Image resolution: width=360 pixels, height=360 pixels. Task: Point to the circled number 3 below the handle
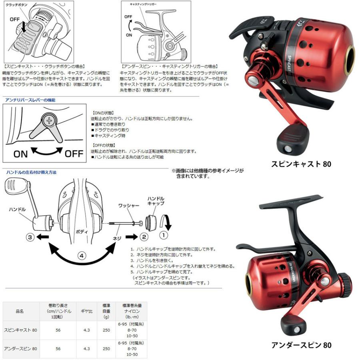[x=30, y=237]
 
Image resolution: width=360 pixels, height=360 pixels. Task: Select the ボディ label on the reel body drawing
[x=81, y=231]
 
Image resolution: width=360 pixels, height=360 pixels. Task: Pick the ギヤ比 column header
[x=87, y=310]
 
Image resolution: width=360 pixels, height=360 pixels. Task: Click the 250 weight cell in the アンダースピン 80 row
[x=106, y=348]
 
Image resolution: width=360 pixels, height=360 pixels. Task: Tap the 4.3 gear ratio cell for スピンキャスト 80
[x=87, y=330]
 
